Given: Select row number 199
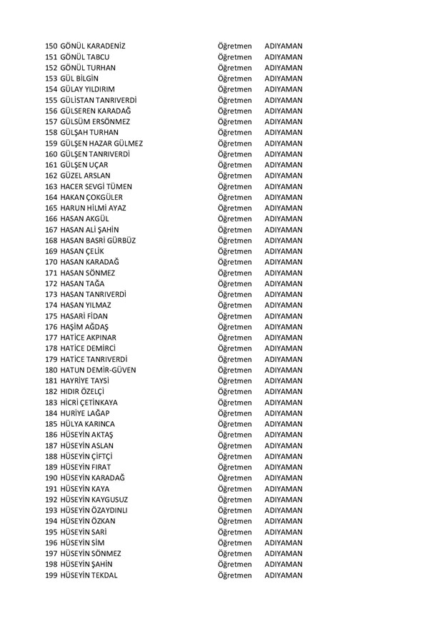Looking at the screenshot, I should (x=51, y=575).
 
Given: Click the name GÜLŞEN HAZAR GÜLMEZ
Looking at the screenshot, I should (x=101, y=143).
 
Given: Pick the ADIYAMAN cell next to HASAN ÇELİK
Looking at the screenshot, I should (x=283, y=251).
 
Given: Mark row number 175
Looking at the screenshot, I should (x=51, y=315).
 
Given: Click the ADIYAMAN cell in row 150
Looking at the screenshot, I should (x=283, y=46).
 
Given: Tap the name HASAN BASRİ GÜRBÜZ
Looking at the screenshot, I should (x=98, y=241).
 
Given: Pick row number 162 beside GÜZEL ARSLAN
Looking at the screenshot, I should (x=51, y=176).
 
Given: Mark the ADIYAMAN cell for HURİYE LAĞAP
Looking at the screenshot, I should (x=283, y=413).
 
